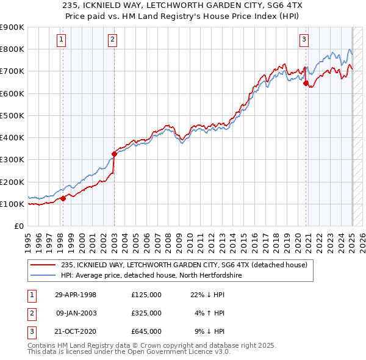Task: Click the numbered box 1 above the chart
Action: pyautogui.click(x=62, y=40)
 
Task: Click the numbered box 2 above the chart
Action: pyautogui.click(x=113, y=40)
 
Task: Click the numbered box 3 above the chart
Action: pyautogui.click(x=304, y=40)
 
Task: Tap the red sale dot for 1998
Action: pyautogui.click(x=63, y=198)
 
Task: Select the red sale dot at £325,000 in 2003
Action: pyautogui.click(x=114, y=154)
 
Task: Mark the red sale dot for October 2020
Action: pyautogui.click(x=306, y=84)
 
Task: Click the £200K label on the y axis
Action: pyautogui.click(x=12, y=182)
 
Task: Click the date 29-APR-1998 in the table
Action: pyautogui.click(x=75, y=295)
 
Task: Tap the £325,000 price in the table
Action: pyautogui.click(x=146, y=313)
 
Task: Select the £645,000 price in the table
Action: pyautogui.click(x=146, y=331)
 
